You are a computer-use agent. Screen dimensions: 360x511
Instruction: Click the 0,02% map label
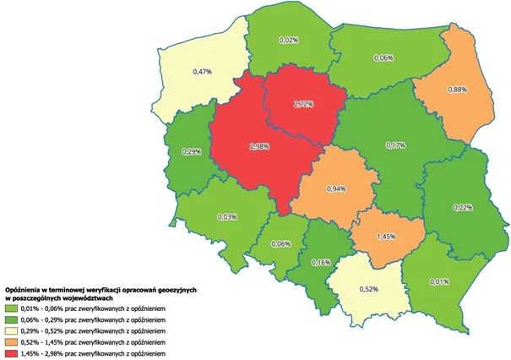pyautogui.click(x=289, y=40)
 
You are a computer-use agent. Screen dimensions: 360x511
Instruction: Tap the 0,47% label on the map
pyautogui.click(x=201, y=72)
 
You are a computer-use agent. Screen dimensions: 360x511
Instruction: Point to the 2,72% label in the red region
pyautogui.click(x=303, y=104)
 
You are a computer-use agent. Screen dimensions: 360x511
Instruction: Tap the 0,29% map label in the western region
pyautogui.click(x=192, y=151)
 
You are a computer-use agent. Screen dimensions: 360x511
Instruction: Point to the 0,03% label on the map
pyautogui.click(x=226, y=217)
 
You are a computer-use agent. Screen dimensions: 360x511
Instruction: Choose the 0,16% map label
pyautogui.click(x=320, y=262)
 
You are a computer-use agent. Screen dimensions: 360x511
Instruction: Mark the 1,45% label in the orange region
pyautogui.click(x=386, y=237)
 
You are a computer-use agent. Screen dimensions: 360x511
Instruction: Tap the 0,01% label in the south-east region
pyautogui.click(x=439, y=281)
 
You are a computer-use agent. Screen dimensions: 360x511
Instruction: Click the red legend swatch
pyautogui.click(x=15, y=352)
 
